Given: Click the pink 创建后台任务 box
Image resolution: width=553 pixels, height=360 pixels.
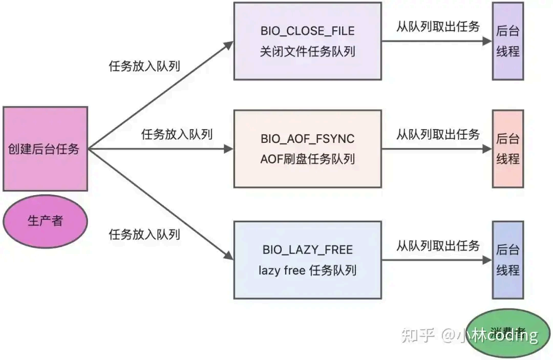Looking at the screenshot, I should coord(45,149).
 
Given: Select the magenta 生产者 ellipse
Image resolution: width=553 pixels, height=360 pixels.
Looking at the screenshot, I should coord(45,221).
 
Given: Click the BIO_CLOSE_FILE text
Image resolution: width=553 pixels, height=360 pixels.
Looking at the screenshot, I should coord(307,31).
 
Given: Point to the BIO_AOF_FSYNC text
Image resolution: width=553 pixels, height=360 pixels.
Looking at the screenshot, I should coord(307,139).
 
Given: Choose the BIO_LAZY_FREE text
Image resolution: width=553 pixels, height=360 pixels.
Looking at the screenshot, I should coord(307,250).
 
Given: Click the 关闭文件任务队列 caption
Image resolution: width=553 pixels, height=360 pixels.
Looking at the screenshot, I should coord(307,52).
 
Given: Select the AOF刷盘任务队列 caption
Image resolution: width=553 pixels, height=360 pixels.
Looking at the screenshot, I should coord(307,159).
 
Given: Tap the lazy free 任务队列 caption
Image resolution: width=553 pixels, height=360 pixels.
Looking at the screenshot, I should coord(307,270).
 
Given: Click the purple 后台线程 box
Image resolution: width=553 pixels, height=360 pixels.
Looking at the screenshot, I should coord(507,41).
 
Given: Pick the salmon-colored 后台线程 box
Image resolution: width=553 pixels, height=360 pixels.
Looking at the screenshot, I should coord(507,149).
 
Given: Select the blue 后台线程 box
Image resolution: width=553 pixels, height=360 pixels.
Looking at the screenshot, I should coord(507,260).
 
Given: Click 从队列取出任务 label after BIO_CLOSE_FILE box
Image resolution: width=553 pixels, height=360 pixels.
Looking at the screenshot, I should coord(438,27).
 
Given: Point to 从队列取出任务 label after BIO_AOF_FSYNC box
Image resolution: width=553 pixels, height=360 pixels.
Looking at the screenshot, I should coord(438,135).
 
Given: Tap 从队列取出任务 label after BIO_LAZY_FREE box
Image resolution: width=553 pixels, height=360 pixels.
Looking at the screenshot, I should coord(438,246).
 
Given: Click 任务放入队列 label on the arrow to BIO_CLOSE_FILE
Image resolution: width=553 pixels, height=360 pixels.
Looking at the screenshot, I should coord(144,66).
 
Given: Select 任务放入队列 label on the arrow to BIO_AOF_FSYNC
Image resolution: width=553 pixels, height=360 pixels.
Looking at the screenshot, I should coord(177,135).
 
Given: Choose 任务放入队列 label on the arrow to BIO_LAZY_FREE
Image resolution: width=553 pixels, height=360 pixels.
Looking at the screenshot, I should coord(144,235).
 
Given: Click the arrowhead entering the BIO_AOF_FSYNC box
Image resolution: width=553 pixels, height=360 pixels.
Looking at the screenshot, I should coord(229,149).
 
